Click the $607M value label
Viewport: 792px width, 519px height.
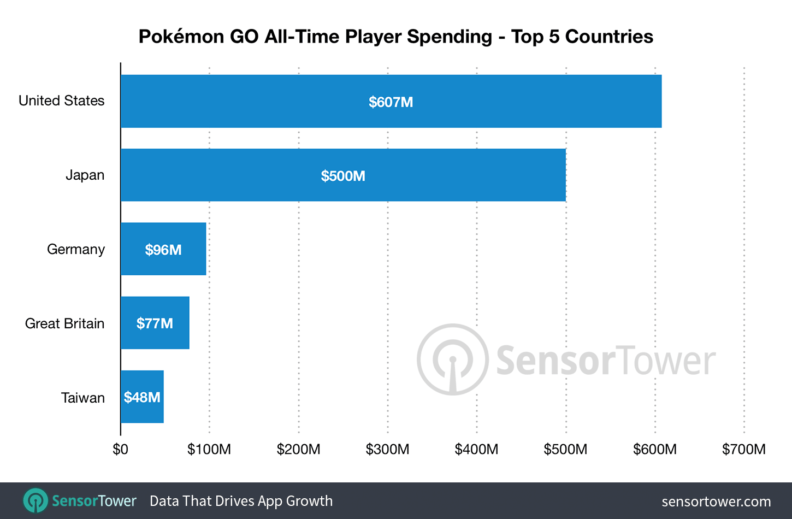(391, 102)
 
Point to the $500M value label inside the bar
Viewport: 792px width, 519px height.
(343, 176)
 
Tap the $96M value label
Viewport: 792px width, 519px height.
(163, 250)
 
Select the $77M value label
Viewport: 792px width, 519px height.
(155, 324)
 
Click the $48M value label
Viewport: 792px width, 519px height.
(142, 397)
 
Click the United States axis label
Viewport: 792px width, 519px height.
(62, 101)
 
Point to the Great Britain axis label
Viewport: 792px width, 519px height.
(64, 323)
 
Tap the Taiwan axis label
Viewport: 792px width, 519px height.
(82, 398)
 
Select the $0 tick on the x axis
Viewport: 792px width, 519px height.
(120, 450)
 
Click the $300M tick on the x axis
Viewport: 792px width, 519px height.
(387, 450)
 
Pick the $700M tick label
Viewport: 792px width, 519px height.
(743, 450)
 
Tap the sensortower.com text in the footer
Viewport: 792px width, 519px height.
(716, 502)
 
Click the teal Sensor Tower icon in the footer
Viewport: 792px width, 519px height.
(36, 500)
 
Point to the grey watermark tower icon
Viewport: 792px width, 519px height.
(452, 359)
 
